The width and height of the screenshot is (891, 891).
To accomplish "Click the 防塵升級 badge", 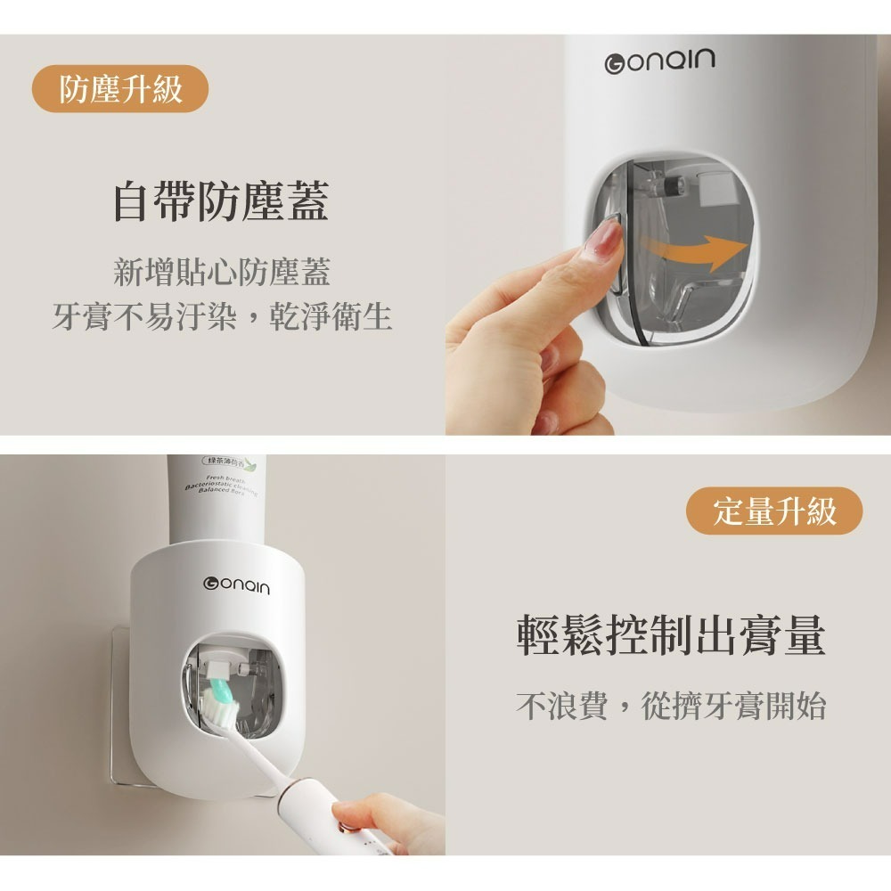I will (x=120, y=90).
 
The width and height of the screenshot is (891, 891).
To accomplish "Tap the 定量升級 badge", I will (x=775, y=511).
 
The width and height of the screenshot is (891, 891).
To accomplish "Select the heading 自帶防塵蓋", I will (x=220, y=201).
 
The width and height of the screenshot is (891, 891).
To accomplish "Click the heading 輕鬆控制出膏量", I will (x=671, y=635).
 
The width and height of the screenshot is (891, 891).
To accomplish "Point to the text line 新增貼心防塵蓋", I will (x=222, y=272).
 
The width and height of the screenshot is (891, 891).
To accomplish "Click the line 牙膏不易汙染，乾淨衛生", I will (x=222, y=316).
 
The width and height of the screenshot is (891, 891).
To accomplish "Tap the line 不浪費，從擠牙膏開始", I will (x=671, y=706).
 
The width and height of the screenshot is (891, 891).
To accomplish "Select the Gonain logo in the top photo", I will (x=659, y=61).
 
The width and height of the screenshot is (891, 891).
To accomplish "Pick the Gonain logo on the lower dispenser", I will (x=236, y=586).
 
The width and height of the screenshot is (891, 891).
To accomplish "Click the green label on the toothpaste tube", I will (x=229, y=462).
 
